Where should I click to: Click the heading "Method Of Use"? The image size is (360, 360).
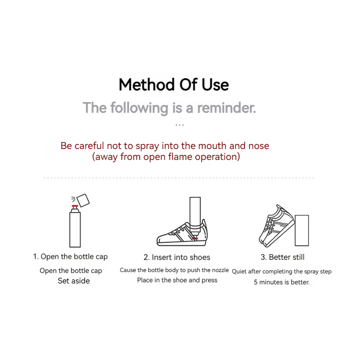click(x=174, y=85)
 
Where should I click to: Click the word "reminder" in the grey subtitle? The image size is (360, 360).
click(x=226, y=108)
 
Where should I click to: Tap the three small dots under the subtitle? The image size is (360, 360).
click(x=180, y=125)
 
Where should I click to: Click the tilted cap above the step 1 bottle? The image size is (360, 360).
click(x=83, y=201)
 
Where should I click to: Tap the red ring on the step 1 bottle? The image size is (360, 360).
click(x=75, y=206)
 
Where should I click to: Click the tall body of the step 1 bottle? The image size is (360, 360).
click(x=75, y=230)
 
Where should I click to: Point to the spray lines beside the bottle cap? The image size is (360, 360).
click(x=73, y=199)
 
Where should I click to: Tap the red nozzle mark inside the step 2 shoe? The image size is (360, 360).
click(x=195, y=238)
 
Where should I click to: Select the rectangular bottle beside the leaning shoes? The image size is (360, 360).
click(x=302, y=231)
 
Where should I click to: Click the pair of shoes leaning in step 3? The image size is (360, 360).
click(x=276, y=226)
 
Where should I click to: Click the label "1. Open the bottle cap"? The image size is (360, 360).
click(x=70, y=257)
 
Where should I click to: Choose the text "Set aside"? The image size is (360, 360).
click(x=74, y=281)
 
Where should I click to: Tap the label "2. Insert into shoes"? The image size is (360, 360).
click(x=177, y=257)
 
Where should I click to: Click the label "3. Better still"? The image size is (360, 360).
click(x=283, y=257)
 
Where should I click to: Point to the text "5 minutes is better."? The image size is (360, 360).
click(x=282, y=282)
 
